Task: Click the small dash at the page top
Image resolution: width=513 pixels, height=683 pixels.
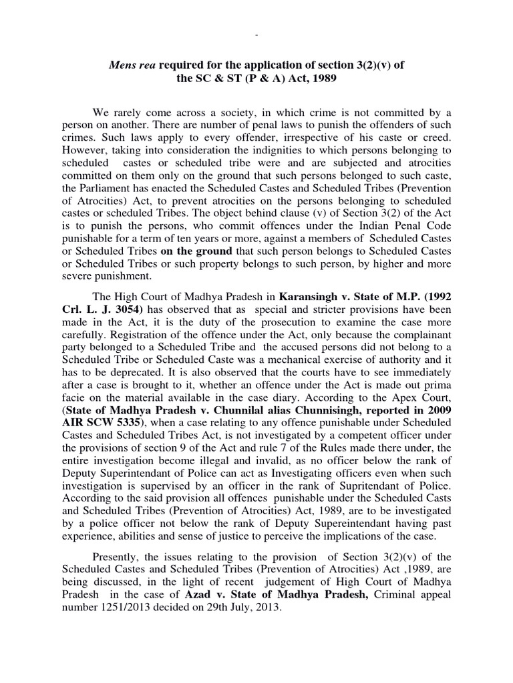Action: pyautogui.click(x=257, y=34)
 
